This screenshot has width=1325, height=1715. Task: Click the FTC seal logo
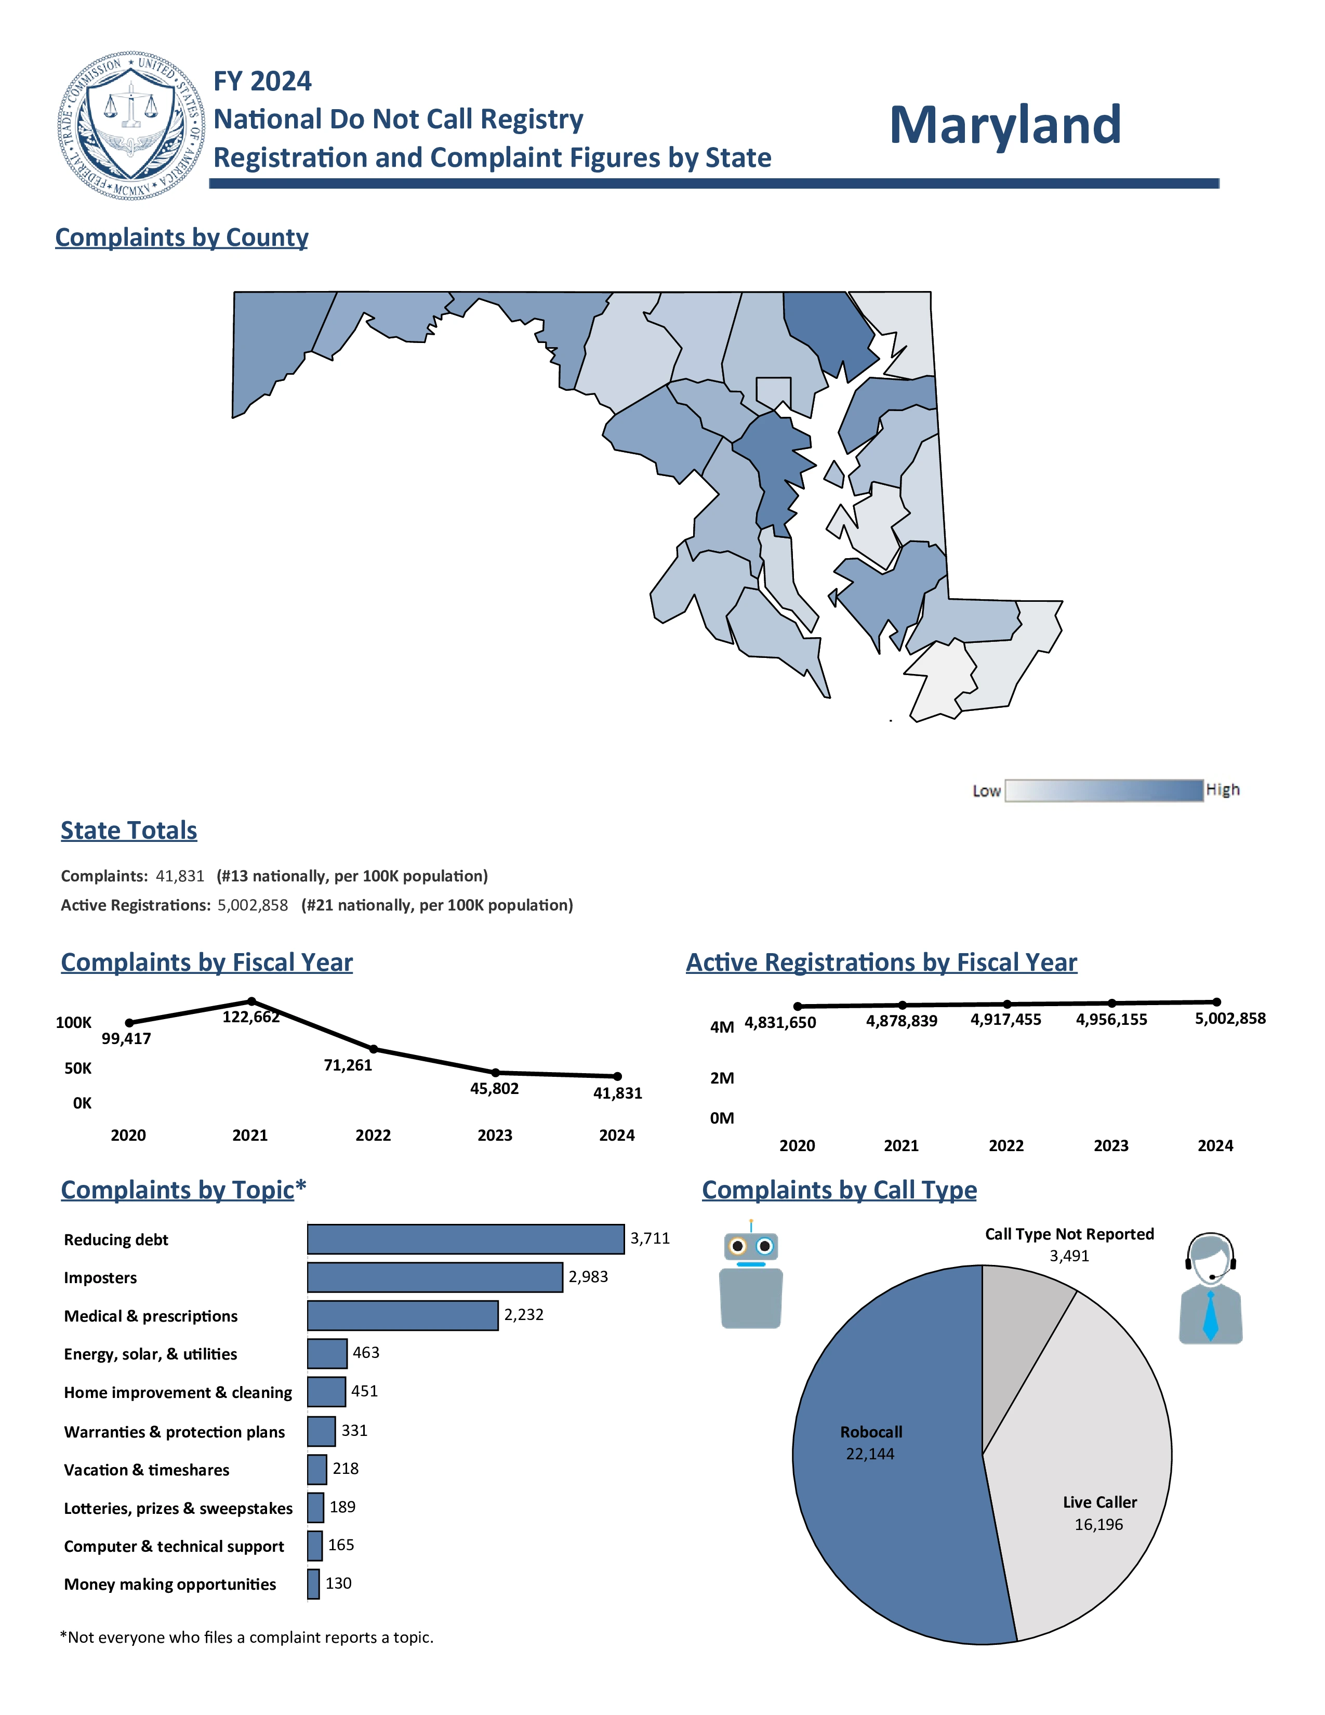131,126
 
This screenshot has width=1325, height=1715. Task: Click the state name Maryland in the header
1005,126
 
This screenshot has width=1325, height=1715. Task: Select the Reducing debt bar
466,1239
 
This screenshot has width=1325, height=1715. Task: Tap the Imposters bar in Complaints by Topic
435,1277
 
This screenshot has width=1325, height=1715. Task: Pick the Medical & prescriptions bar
403,1315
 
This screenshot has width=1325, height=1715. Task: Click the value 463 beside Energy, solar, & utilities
366,1353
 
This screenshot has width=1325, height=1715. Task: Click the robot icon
751,1276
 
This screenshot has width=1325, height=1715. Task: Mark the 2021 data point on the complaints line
251,1001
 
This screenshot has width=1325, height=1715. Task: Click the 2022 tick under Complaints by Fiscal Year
373,1136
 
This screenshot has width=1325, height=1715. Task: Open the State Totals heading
129,831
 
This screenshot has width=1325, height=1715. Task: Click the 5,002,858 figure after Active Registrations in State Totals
253,905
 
